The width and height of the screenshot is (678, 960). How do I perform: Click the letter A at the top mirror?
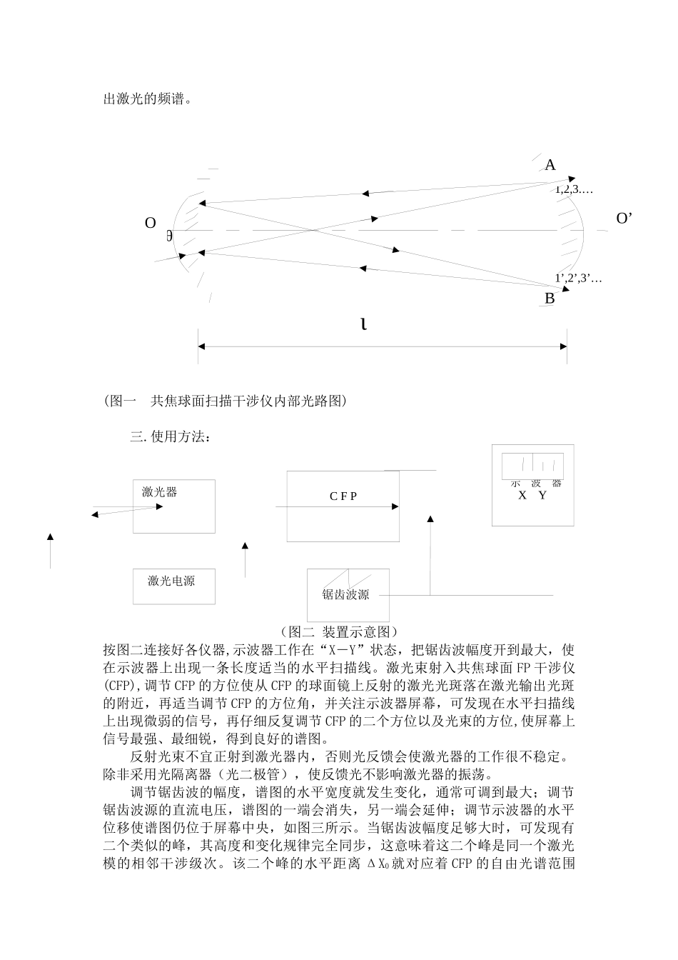pos(550,166)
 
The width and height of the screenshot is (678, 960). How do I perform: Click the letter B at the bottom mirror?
pos(550,299)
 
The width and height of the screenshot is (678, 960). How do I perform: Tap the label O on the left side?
pos(151,224)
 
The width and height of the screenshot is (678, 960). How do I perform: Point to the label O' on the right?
pos(624,219)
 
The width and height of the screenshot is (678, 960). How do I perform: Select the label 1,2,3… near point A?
pos(575,190)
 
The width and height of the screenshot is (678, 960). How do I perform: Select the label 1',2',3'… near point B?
pos(578,279)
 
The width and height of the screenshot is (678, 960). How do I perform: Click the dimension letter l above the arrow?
pos(364,325)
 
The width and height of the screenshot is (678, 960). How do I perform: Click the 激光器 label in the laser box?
pos(159,491)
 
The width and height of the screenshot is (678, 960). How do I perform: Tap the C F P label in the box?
pos(343,496)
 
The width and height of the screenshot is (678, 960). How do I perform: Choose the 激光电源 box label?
pos(171,581)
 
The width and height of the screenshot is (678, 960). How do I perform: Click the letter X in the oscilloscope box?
pos(522,495)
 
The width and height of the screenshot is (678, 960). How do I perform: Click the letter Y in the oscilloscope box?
pos(542,495)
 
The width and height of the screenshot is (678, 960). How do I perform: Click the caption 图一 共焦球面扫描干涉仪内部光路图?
pos(226,401)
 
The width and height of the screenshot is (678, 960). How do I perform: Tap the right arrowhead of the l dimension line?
pos(564,346)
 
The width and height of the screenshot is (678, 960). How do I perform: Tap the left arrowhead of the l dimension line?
pos(202,346)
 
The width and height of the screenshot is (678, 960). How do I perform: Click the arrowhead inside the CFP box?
pos(395,506)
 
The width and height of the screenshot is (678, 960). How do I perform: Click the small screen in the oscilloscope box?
pos(532,465)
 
